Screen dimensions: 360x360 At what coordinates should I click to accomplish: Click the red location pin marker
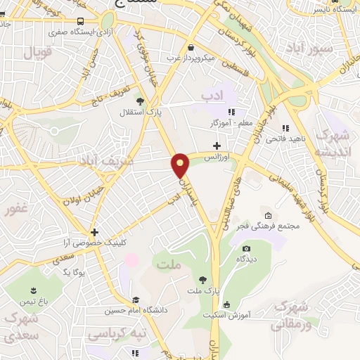[181, 165]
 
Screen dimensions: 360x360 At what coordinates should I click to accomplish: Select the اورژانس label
[218, 157]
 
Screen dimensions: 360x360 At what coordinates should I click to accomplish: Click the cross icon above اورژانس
[217, 146]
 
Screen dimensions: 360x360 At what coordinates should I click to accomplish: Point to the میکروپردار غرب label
[192, 59]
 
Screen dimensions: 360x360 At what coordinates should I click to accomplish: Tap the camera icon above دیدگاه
[246, 248]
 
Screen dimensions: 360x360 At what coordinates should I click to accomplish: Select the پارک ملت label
[201, 290]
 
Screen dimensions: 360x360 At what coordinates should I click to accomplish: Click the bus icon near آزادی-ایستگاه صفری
[81, 22]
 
